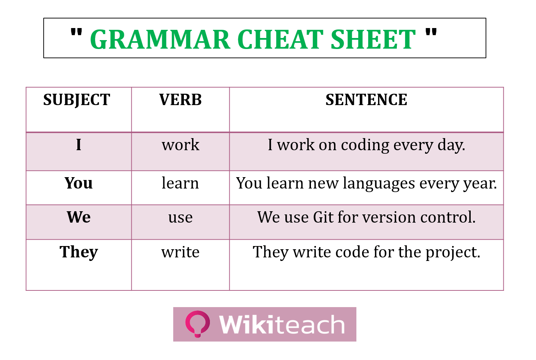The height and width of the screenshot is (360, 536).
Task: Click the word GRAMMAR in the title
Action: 160,39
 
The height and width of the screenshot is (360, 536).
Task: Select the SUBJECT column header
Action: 77,100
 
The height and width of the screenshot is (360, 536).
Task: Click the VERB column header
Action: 180,99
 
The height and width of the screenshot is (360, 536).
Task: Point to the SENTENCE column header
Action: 366,99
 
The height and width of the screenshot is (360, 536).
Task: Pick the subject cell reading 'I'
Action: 79,145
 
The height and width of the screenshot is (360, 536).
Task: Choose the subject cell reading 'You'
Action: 79,183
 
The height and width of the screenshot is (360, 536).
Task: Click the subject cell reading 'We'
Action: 79,217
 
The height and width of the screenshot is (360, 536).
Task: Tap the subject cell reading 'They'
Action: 79,252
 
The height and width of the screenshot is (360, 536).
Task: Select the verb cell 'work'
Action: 180,145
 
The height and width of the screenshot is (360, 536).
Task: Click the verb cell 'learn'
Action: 180,183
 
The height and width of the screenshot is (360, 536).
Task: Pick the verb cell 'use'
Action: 180,218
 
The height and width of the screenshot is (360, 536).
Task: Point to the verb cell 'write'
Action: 180,252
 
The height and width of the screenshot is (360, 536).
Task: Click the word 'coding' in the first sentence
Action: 365,146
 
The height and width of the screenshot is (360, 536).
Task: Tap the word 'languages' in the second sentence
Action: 379,184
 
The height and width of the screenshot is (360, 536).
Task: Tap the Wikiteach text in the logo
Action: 282,324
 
